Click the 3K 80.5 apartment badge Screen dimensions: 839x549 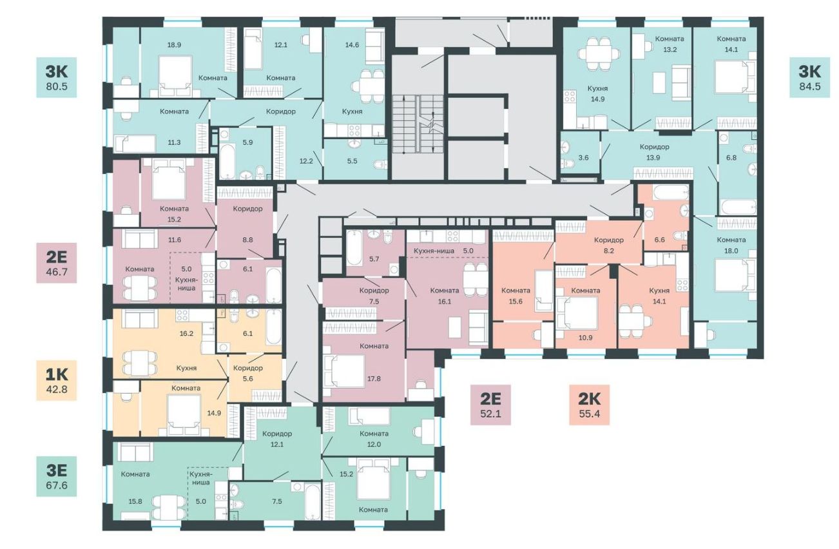coord(56,77)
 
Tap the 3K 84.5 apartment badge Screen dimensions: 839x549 coord(809,77)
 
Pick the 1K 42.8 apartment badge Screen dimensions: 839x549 coord(56,380)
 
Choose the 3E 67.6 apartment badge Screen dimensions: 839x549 coord(56,476)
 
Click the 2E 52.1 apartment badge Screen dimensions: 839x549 coord(490,405)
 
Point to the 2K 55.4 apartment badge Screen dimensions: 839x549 coord(589,405)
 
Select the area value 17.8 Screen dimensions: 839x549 coord(374,378)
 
